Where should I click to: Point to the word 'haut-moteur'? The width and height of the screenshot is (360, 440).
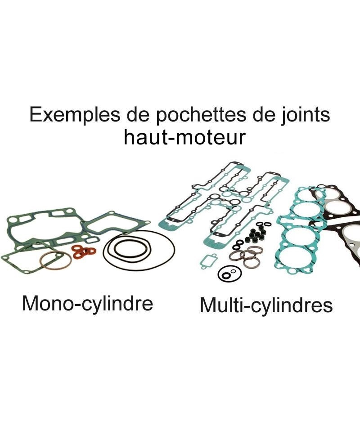click(x=185, y=137)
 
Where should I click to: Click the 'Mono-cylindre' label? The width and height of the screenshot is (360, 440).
click(x=88, y=304)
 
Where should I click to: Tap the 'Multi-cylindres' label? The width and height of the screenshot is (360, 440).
click(x=266, y=305)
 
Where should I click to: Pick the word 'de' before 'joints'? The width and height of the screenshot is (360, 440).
click(x=256, y=115)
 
